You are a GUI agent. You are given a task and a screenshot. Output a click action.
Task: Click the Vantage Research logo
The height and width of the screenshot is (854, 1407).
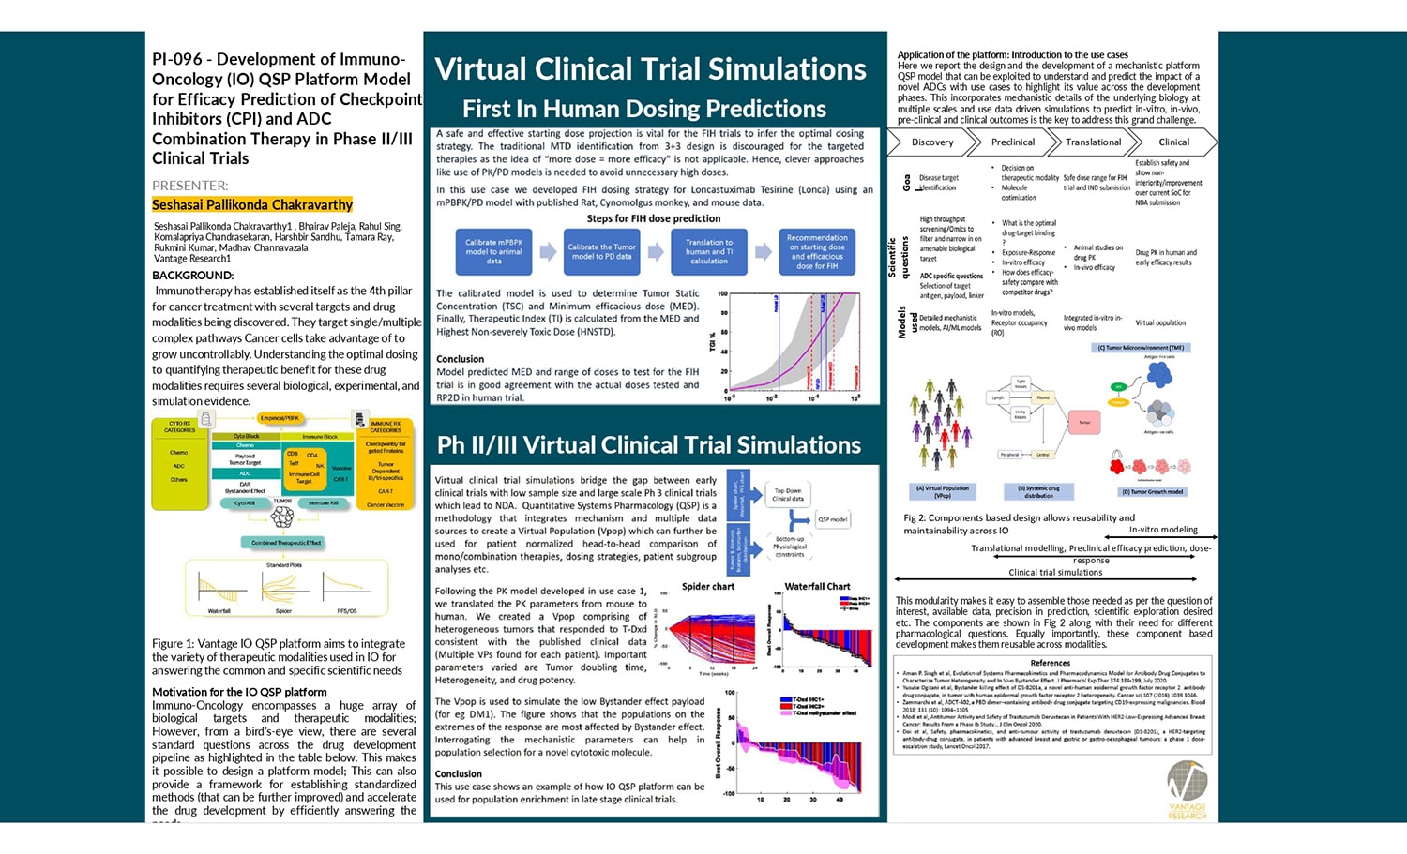tap(1187, 788)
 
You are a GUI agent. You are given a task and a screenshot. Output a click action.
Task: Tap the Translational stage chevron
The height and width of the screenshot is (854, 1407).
tap(1093, 142)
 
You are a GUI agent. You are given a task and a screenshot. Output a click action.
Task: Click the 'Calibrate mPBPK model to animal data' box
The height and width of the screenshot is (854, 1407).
tap(493, 251)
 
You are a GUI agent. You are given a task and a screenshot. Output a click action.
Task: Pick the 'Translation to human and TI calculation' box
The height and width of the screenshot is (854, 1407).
tap(708, 251)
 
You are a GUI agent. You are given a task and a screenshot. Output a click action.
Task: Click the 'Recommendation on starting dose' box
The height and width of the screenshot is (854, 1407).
tap(816, 251)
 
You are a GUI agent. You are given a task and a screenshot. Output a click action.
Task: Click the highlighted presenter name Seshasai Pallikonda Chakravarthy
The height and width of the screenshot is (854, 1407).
tap(252, 204)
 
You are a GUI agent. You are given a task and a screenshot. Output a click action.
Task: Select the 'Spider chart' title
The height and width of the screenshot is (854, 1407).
tap(707, 587)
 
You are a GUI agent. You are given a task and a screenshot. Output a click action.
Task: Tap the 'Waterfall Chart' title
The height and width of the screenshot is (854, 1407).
tap(817, 587)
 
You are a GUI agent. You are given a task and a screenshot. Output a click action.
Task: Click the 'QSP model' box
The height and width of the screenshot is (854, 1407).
tap(832, 518)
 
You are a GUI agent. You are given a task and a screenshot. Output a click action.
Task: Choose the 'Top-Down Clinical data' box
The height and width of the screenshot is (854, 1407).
tap(788, 495)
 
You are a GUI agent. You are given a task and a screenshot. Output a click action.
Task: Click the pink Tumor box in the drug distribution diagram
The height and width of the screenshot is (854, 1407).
tap(1083, 422)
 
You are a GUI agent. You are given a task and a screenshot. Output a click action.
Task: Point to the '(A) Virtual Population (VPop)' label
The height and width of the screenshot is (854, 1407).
tap(943, 491)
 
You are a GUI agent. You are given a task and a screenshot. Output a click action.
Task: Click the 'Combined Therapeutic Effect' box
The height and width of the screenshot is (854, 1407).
tap(286, 543)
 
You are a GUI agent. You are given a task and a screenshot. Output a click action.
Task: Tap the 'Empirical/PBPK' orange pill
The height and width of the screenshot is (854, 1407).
tap(280, 418)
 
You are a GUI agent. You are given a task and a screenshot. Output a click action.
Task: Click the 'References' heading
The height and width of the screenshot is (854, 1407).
tap(1050, 663)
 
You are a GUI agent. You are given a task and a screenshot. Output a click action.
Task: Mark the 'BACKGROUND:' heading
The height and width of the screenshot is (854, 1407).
tap(193, 276)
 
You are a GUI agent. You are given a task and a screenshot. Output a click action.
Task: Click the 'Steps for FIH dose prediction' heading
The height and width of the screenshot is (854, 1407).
tap(654, 218)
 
